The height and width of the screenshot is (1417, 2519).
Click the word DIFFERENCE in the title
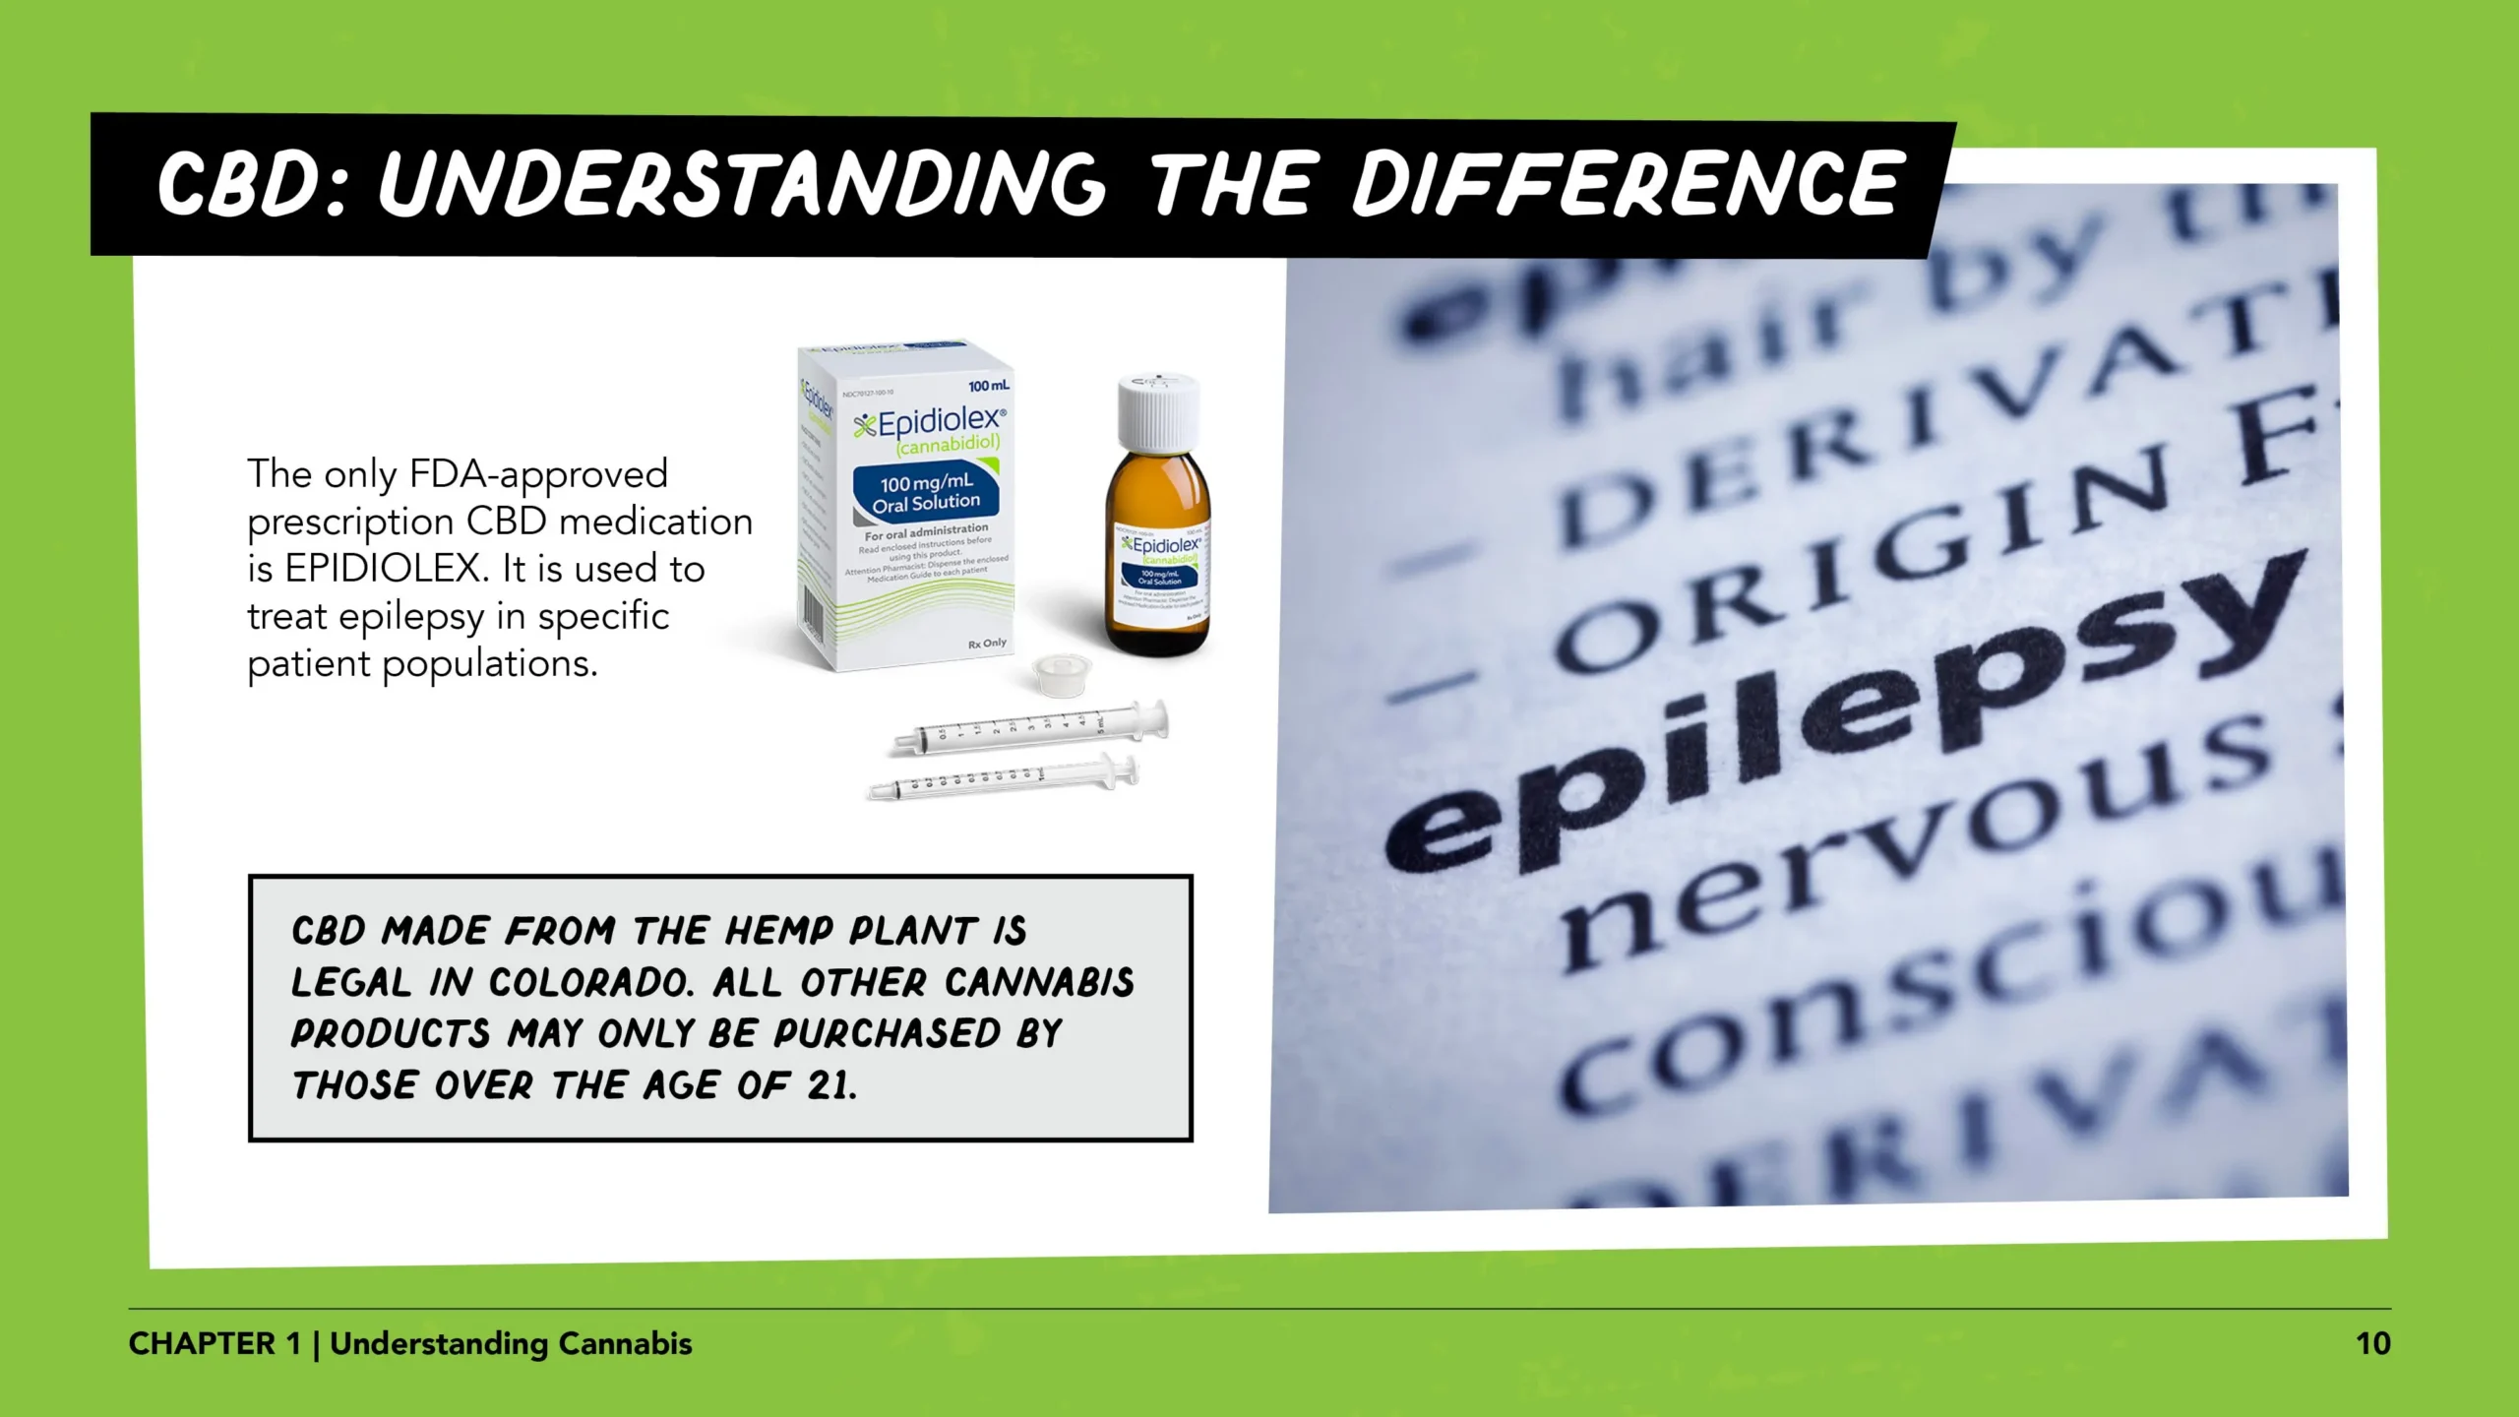click(x=1624, y=184)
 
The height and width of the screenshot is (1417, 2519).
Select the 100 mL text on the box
click(x=988, y=385)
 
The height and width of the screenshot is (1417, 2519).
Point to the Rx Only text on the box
click(x=987, y=644)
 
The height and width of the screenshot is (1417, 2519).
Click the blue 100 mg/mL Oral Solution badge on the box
click(x=926, y=492)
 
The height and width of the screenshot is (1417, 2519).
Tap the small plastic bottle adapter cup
click(x=1061, y=675)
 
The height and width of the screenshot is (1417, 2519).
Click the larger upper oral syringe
click(x=1028, y=729)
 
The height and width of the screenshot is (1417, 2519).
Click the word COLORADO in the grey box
click(x=591, y=982)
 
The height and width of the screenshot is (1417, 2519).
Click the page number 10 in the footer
click(x=2372, y=1344)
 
